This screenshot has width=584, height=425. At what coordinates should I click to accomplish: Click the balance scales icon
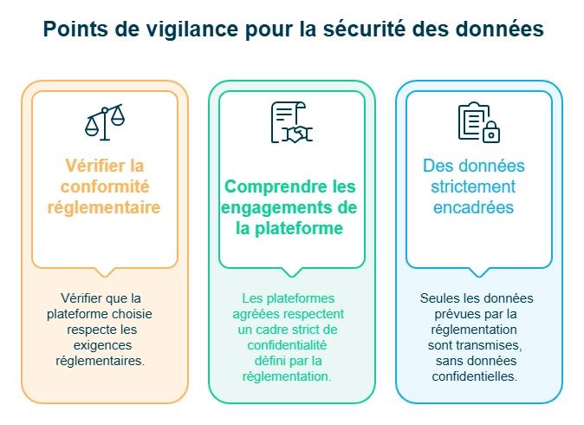coord(104,123)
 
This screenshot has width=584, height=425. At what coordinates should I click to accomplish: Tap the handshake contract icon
coord(291,122)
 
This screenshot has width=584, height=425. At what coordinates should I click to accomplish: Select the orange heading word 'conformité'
coord(105,186)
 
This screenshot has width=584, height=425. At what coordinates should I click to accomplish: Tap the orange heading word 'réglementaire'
coord(105,208)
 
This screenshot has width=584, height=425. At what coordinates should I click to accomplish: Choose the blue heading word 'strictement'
coord(474,186)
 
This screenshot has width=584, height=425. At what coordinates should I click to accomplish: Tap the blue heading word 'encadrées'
coord(474,208)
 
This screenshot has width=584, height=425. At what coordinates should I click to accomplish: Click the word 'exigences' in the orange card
coord(105,345)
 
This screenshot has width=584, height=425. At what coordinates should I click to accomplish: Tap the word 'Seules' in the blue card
coord(438,298)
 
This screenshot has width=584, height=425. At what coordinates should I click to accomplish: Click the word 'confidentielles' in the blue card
coord(474,376)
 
